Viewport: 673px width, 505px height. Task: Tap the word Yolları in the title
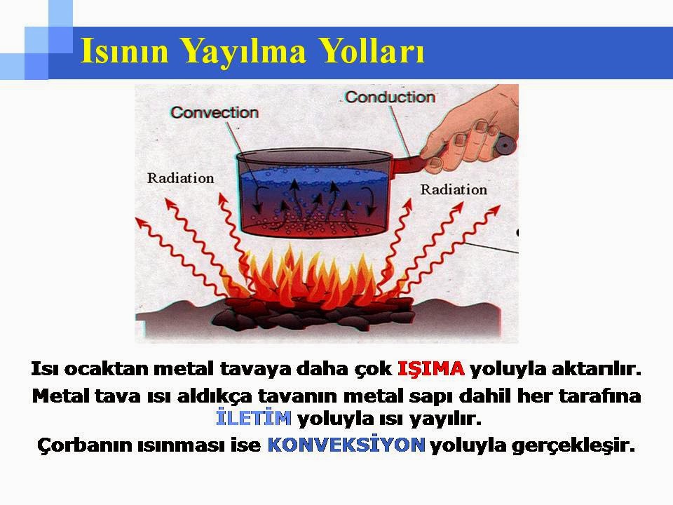click(x=373, y=50)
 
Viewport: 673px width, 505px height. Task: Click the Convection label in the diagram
click(x=215, y=112)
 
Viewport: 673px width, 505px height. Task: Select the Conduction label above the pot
click(x=390, y=97)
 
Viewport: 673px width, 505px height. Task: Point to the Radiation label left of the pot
click(x=181, y=178)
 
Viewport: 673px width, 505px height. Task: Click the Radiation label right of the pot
click(x=454, y=189)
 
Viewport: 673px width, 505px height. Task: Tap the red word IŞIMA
click(x=431, y=369)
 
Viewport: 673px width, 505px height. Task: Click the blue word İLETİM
click(x=254, y=417)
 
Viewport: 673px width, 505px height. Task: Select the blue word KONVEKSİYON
click(x=346, y=445)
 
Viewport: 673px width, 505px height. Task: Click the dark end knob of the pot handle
click(x=505, y=145)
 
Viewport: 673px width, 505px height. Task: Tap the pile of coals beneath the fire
click(x=313, y=316)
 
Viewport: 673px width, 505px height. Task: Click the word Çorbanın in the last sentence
click(x=84, y=445)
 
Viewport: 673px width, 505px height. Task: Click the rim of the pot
click(x=314, y=155)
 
